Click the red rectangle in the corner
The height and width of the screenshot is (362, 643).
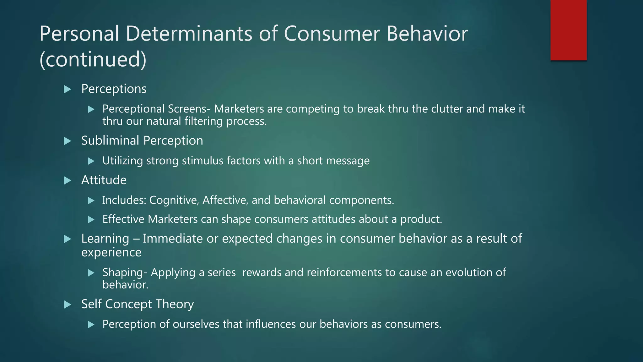[x=568, y=30]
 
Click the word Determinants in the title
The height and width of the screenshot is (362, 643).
[x=189, y=34]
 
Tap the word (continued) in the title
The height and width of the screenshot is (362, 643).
[x=93, y=59]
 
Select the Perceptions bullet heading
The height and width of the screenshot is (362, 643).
[x=114, y=89]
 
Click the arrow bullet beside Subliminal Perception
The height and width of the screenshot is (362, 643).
[x=67, y=141]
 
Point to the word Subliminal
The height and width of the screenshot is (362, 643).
[x=110, y=140]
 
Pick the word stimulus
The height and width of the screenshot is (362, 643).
[x=203, y=161]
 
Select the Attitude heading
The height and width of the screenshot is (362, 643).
[x=104, y=180]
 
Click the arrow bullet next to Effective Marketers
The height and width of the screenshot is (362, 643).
[x=91, y=219]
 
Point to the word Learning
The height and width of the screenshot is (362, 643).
[x=105, y=239]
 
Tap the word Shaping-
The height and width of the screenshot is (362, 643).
[x=125, y=272]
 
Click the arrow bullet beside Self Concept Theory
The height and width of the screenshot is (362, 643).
[x=67, y=304]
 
